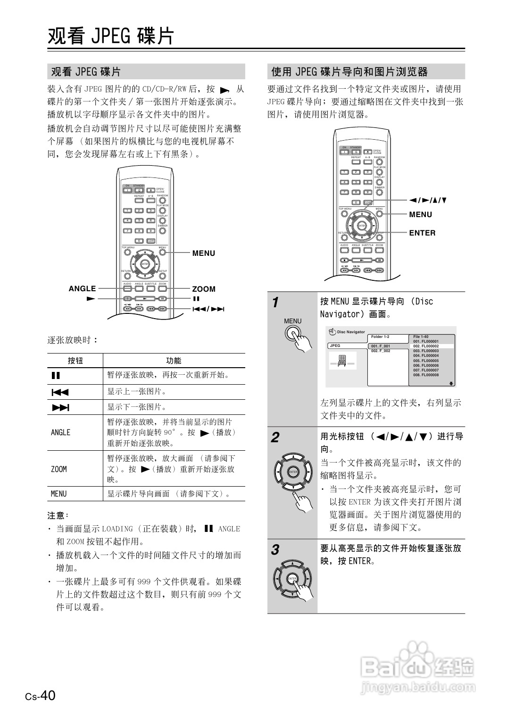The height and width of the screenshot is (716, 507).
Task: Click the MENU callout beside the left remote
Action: click(x=203, y=253)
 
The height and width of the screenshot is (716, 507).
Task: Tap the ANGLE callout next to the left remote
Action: click(x=82, y=289)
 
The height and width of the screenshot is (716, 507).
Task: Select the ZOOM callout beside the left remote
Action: click(x=204, y=289)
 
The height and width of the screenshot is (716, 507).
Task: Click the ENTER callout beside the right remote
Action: click(x=422, y=233)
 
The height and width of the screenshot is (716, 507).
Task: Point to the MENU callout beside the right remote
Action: click(x=420, y=215)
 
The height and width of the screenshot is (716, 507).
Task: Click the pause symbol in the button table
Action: click(x=56, y=376)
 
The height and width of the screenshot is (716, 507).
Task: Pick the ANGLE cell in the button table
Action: click(x=60, y=432)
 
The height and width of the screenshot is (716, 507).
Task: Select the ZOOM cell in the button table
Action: click(x=59, y=469)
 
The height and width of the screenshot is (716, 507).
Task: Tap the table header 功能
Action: click(x=174, y=361)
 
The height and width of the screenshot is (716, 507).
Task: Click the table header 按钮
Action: click(x=75, y=361)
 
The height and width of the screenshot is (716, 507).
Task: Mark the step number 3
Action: click(x=275, y=550)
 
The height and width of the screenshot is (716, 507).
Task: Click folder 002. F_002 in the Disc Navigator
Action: click(x=381, y=351)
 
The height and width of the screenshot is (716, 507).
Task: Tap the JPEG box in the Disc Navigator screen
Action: click(x=346, y=346)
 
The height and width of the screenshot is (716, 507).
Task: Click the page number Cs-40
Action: click(x=41, y=696)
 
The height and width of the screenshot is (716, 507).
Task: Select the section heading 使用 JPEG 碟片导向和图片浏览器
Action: click(x=349, y=72)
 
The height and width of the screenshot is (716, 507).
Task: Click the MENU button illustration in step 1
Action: click(x=293, y=335)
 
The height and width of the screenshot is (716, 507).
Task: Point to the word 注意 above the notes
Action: click(x=57, y=515)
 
